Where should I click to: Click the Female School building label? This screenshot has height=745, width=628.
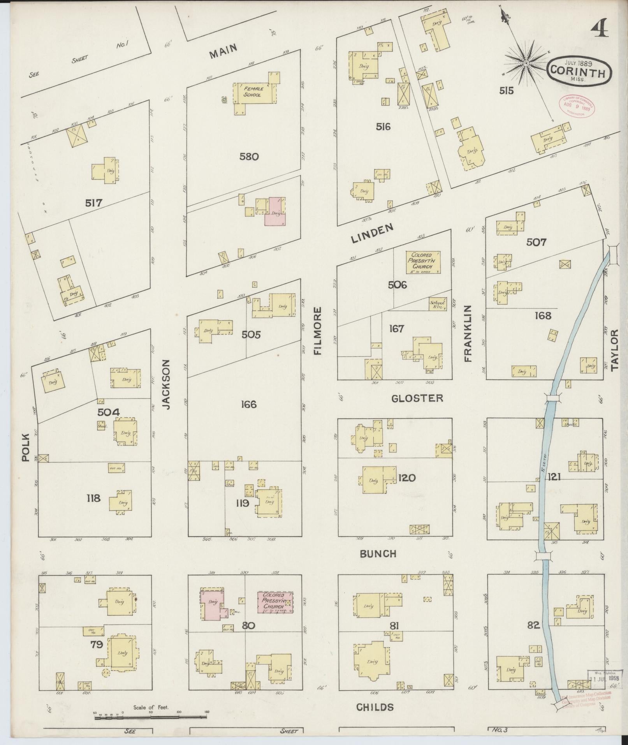(x=253, y=92)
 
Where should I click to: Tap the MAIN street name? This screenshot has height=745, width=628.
(x=223, y=51)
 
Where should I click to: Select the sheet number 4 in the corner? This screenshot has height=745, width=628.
(x=600, y=28)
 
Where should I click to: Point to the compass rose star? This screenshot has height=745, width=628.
(x=526, y=63)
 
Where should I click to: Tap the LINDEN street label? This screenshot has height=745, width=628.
(x=372, y=234)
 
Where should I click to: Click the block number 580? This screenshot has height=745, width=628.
(x=249, y=157)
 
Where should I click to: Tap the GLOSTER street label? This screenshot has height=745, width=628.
(x=417, y=398)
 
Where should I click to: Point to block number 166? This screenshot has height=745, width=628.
(x=248, y=404)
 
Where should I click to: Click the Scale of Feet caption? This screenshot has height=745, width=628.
(x=151, y=707)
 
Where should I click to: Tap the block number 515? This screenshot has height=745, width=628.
(x=506, y=91)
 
